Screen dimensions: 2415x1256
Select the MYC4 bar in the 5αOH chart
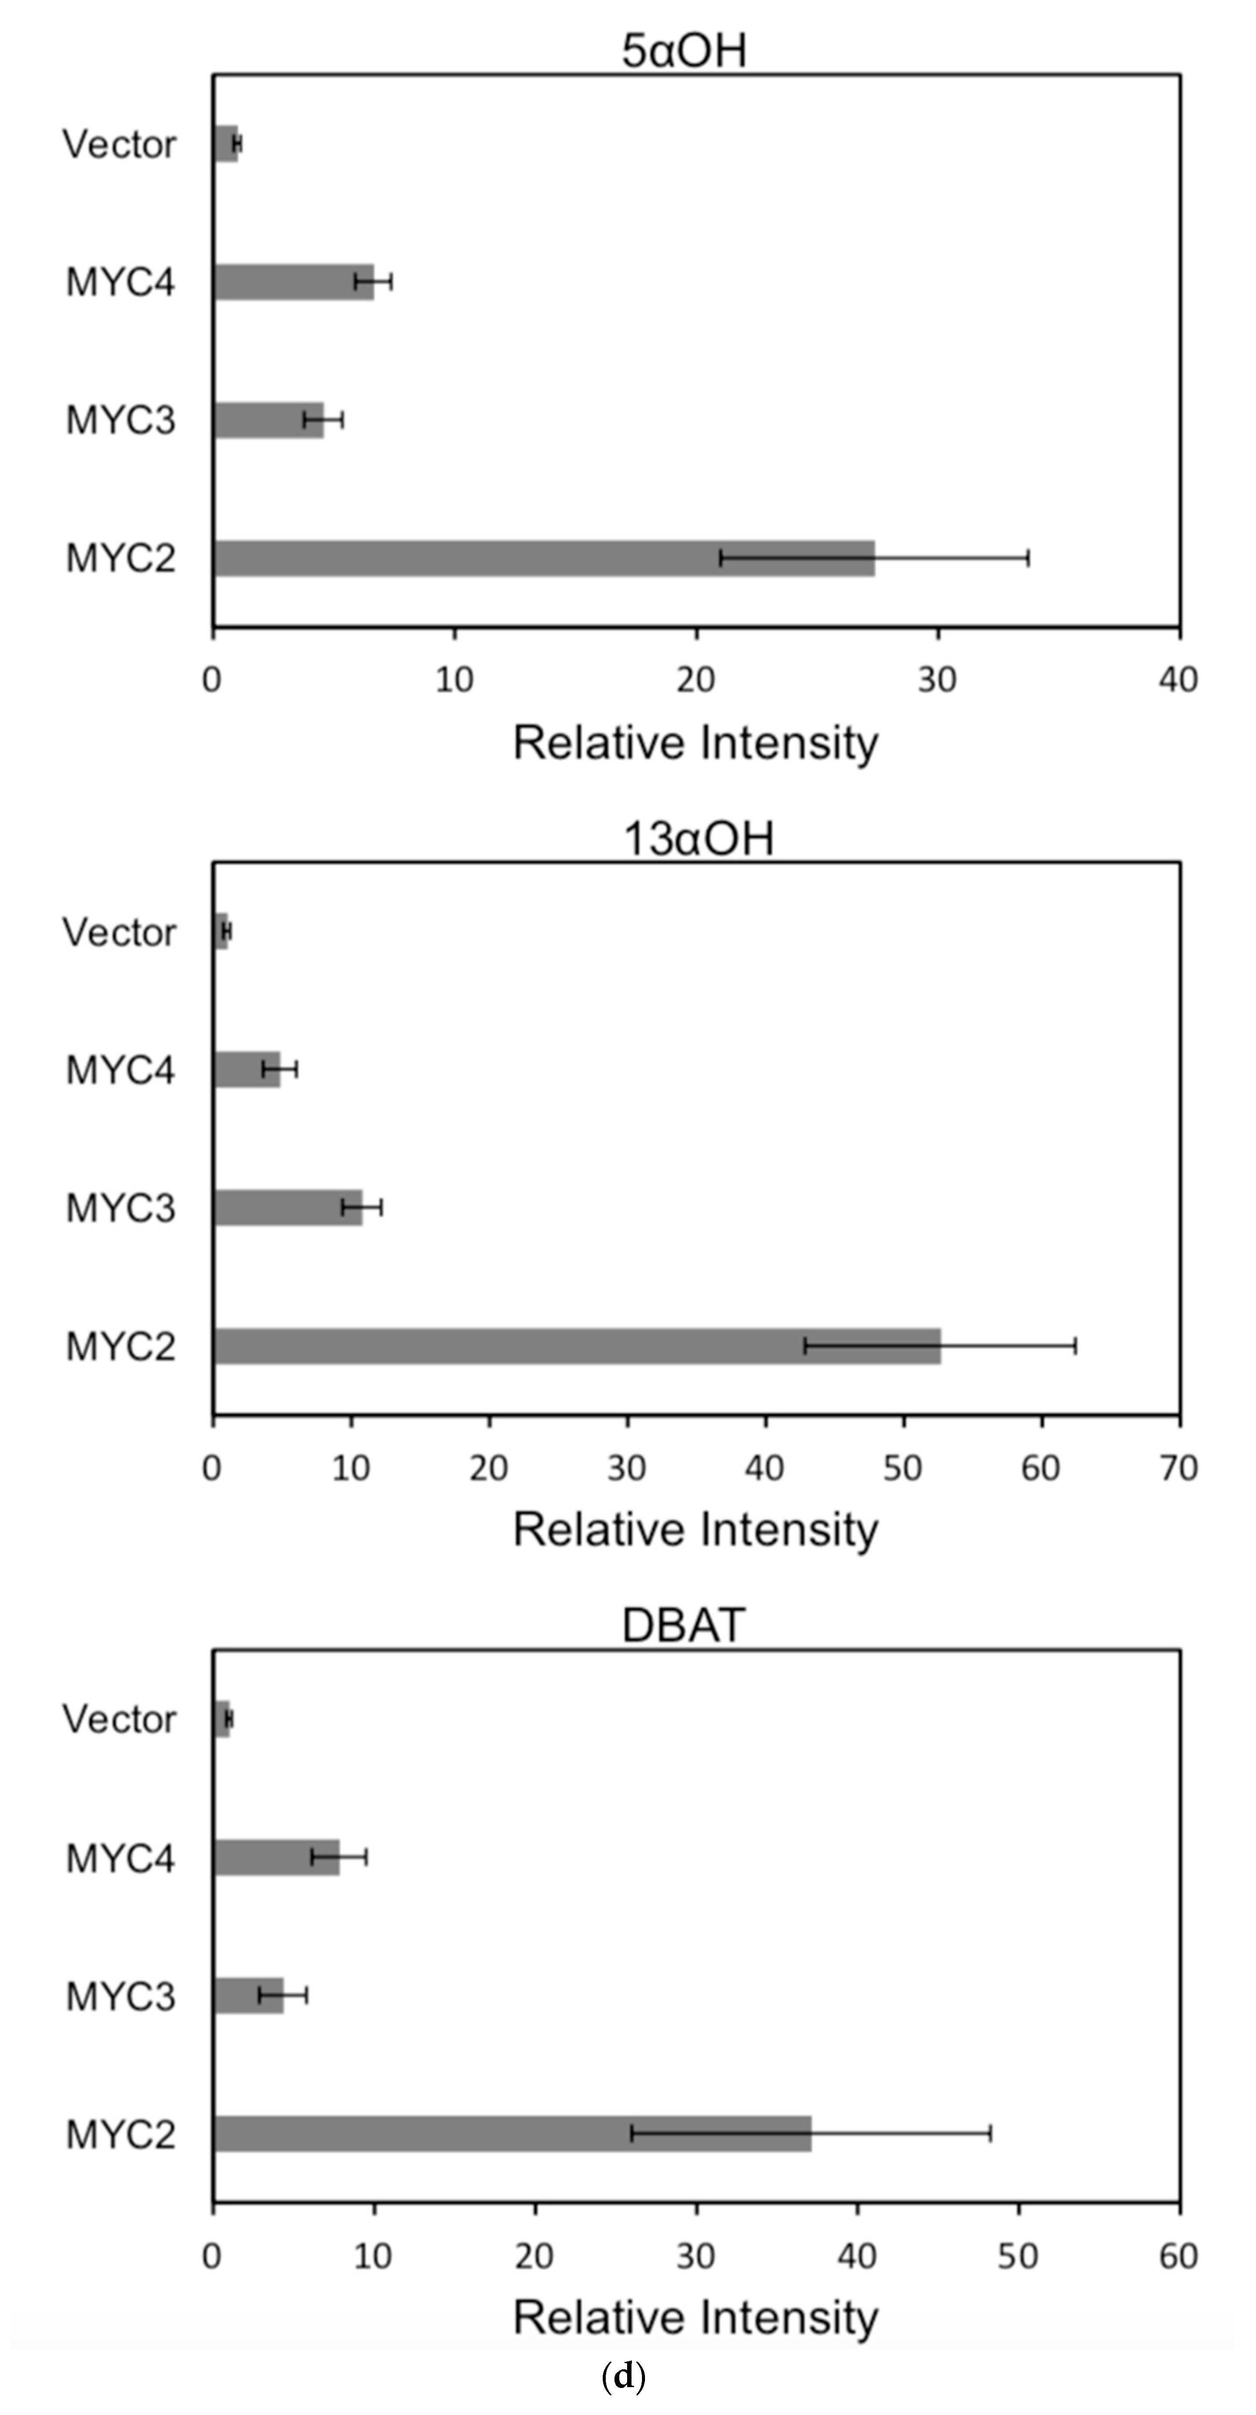[x=293, y=281]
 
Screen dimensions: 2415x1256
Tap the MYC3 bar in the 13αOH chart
[x=288, y=1207]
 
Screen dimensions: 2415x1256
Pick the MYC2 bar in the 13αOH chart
[x=577, y=1346]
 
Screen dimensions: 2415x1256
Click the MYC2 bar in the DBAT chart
[x=512, y=2134]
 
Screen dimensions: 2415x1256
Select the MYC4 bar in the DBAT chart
[x=276, y=1857]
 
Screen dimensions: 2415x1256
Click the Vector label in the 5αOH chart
[x=119, y=144]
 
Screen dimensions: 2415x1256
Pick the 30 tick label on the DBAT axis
[x=696, y=2256]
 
